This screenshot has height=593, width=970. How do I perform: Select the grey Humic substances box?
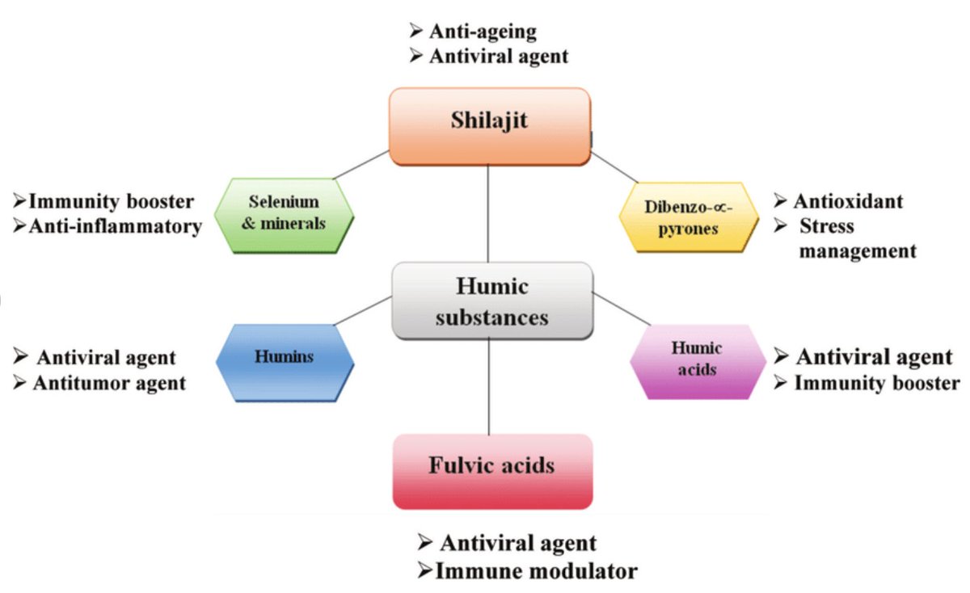pos(491,300)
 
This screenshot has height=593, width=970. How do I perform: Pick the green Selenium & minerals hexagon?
pos(284,214)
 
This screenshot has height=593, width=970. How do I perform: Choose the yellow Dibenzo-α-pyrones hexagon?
pos(690,217)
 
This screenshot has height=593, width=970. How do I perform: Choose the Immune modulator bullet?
pos(527,571)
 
